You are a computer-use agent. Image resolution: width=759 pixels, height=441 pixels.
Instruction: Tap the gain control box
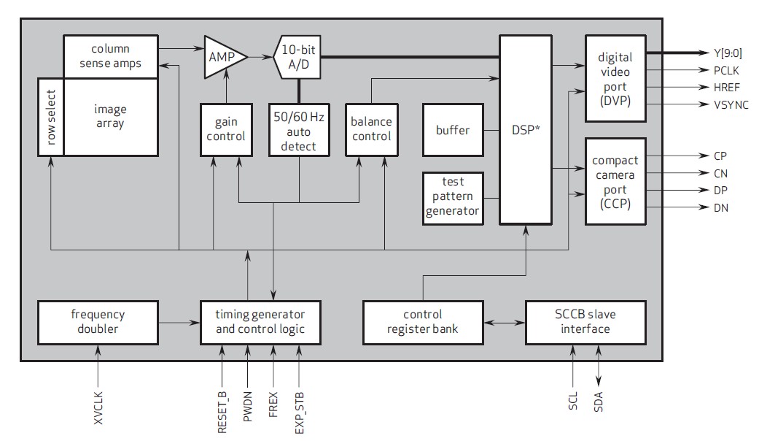225,129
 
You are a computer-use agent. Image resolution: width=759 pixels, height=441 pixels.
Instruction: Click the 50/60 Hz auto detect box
299,129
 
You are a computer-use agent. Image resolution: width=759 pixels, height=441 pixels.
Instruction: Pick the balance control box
371,129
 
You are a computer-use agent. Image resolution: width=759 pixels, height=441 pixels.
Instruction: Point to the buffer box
453,130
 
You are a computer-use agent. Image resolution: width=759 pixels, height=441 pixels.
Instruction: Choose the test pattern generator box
453,197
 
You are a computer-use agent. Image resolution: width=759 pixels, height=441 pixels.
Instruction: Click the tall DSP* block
525,129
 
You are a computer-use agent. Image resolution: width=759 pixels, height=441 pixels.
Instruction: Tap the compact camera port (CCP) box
615,181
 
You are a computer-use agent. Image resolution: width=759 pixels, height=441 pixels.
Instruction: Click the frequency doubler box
98,322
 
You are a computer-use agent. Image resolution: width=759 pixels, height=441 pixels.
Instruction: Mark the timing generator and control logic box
260,322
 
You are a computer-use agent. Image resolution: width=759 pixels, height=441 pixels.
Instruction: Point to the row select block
51,117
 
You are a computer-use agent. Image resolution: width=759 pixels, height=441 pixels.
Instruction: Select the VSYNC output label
731,105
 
